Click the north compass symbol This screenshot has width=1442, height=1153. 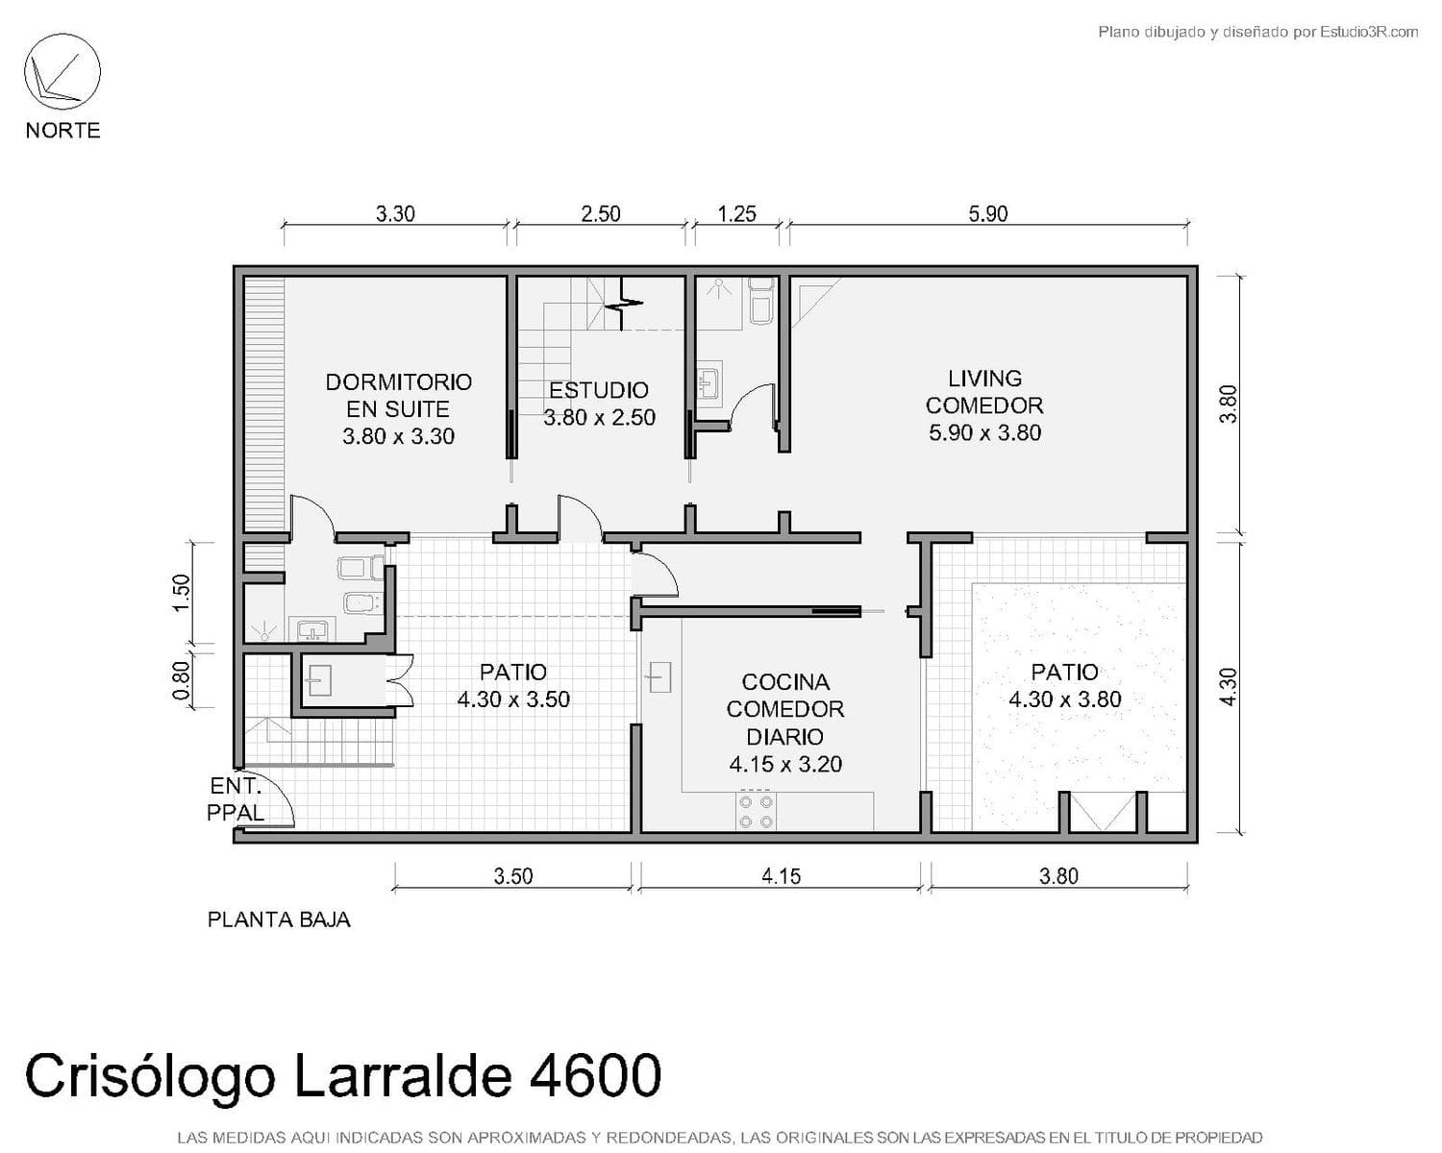click(62, 71)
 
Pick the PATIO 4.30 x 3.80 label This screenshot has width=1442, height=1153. click(1065, 685)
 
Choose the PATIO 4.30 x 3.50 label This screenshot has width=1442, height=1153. click(513, 685)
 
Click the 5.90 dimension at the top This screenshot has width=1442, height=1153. click(987, 213)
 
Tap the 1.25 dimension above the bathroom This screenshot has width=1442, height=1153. click(736, 213)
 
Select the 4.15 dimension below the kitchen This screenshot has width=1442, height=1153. click(782, 875)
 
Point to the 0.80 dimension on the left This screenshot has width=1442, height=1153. click(182, 680)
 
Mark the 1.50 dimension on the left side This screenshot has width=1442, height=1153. click(182, 593)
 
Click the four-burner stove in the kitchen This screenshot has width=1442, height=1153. click(756, 811)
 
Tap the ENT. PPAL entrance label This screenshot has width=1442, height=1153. click(236, 798)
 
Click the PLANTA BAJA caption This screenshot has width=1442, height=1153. click(279, 920)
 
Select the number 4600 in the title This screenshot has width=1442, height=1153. click(595, 1075)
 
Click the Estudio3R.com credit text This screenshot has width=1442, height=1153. click(1369, 32)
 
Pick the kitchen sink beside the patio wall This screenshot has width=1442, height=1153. click(658, 676)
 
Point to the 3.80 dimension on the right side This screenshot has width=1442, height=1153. click(1229, 404)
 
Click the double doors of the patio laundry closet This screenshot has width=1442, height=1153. click(399, 680)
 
